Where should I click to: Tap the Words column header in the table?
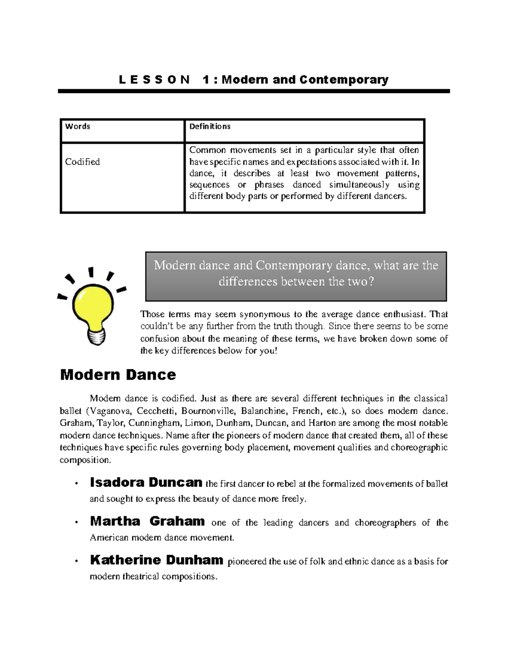pyautogui.click(x=77, y=126)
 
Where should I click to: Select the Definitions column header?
pyautogui.click(x=210, y=126)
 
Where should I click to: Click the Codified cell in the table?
pyautogui.click(x=83, y=162)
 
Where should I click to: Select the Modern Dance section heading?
pyautogui.click(x=118, y=374)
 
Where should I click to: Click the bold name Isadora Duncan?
pyautogui.click(x=146, y=482)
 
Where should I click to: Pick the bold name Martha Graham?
pyautogui.click(x=147, y=521)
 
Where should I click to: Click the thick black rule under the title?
pyautogui.click(x=254, y=91)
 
